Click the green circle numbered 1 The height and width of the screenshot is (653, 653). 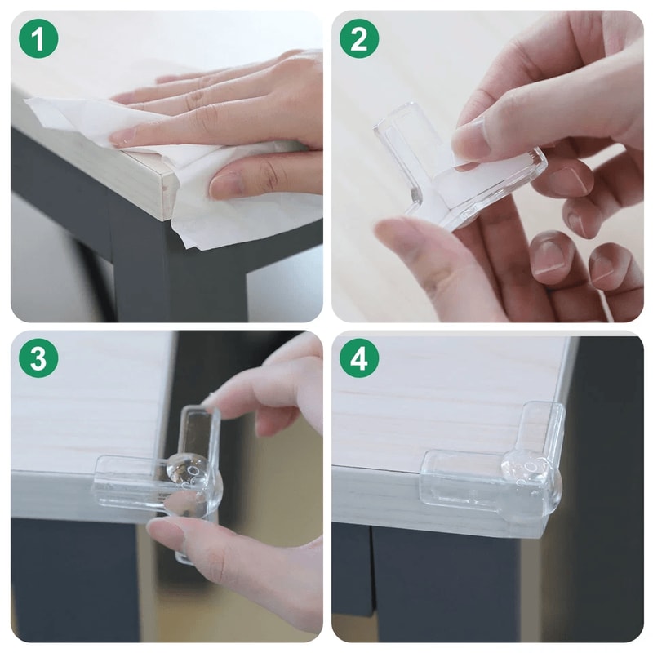coord(38,38)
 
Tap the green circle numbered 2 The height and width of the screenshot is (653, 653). coord(359,38)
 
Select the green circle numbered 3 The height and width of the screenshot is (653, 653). coord(38,358)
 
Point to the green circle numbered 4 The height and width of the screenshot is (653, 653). coord(359,358)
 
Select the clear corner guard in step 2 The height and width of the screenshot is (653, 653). coord(408,155)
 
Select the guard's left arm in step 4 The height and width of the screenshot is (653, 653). coord(457,485)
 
